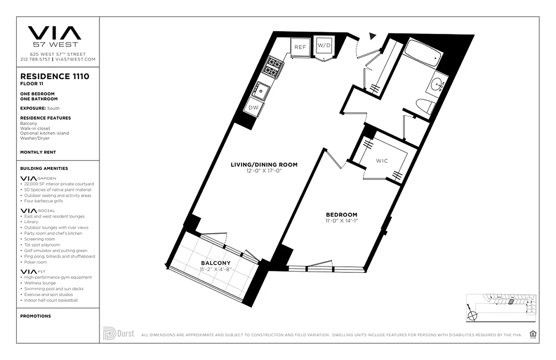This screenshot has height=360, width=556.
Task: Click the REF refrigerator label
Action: pyautogui.click(x=300, y=47)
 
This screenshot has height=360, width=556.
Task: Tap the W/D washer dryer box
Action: pyautogui.click(x=324, y=45)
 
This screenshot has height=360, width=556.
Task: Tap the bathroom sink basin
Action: pyautogui.click(x=437, y=84)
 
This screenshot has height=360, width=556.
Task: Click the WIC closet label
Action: pyautogui.click(x=382, y=161)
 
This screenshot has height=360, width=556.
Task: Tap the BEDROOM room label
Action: pyautogui.click(x=342, y=215)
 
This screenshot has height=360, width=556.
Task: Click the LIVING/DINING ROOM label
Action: pyautogui.click(x=264, y=165)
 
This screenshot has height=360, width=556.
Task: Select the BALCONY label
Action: pyautogui.click(x=216, y=263)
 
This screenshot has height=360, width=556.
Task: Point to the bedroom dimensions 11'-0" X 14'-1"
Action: pyautogui.click(x=342, y=221)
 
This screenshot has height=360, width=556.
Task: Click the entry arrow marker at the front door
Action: pyautogui.click(x=372, y=36)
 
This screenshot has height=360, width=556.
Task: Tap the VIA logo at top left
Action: pyautogui.click(x=54, y=33)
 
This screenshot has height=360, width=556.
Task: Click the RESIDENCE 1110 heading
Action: pyautogui.click(x=54, y=76)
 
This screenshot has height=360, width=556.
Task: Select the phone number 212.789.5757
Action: pyautogui.click(x=36, y=59)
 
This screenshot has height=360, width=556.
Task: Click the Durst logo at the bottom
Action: pyautogui.click(x=118, y=334)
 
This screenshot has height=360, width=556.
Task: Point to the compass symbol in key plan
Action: pyautogui.click(x=472, y=315)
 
